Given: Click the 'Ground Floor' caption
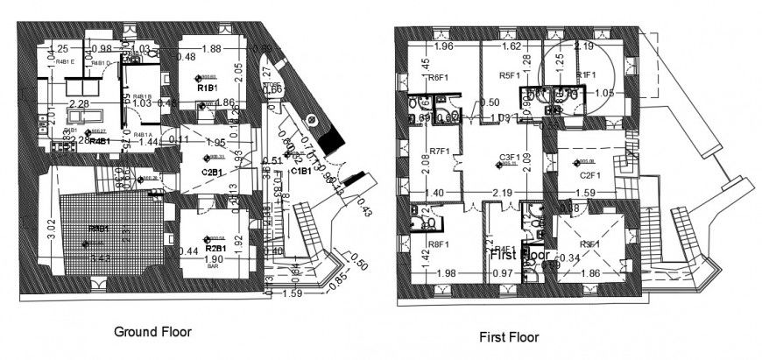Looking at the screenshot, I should click(x=152, y=332).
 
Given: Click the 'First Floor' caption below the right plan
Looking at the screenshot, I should click(x=509, y=336).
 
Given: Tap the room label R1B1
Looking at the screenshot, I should click(x=207, y=88).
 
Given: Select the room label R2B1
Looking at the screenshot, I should click(x=215, y=248).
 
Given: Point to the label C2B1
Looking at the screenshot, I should click(x=211, y=172).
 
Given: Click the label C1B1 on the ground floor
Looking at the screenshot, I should click(x=301, y=171).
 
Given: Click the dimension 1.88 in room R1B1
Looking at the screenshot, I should click(x=211, y=49).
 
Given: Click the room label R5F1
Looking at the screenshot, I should click(x=511, y=75).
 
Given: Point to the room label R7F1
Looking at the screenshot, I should click(x=439, y=151).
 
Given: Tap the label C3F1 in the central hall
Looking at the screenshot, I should click(x=510, y=158).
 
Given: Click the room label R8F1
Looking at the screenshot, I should click(x=440, y=233).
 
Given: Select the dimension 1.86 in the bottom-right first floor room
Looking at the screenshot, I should click(x=590, y=274).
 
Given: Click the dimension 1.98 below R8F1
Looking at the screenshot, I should click(x=445, y=274).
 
